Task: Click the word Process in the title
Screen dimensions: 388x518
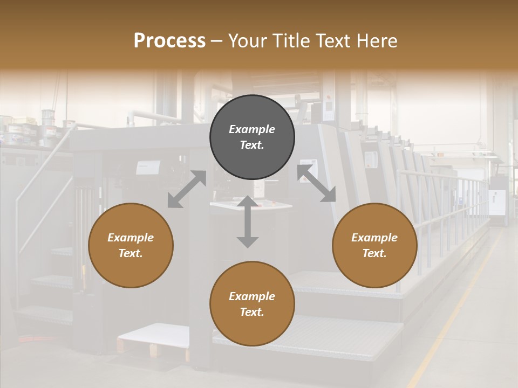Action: (x=169, y=41)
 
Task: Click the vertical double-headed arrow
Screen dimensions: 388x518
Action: (x=248, y=221)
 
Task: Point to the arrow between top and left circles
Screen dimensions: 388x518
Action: (x=187, y=189)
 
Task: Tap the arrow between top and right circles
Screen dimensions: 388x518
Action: (x=316, y=184)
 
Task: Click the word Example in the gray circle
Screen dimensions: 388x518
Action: (x=252, y=129)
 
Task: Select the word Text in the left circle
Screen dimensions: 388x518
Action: (x=131, y=253)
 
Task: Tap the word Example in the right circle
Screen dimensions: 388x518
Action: (x=374, y=238)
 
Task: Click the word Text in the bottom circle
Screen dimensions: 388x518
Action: (x=252, y=312)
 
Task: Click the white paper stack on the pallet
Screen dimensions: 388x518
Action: (x=154, y=334)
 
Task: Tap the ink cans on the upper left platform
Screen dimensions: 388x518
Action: (x=49, y=121)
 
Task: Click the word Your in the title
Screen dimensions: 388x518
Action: (x=247, y=41)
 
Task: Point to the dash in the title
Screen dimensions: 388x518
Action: (x=217, y=41)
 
